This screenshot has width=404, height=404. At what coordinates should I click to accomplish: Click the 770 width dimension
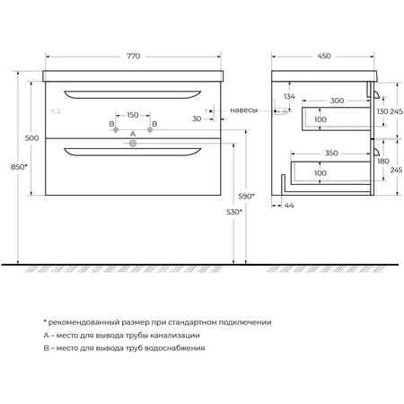(133, 56)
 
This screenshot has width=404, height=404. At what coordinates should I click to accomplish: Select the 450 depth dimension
(324, 56)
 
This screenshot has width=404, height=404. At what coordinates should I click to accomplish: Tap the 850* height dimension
(19, 167)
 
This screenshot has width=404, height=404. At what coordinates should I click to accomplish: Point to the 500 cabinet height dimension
(31, 138)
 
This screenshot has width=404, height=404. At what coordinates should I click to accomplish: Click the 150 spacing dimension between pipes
(133, 115)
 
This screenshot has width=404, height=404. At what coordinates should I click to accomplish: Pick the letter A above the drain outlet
(133, 134)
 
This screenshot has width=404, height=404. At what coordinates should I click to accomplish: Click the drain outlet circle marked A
(133, 144)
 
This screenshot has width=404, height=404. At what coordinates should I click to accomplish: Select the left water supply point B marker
(116, 129)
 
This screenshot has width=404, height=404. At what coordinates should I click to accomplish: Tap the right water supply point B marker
(150, 129)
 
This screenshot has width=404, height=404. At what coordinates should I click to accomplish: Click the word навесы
(243, 110)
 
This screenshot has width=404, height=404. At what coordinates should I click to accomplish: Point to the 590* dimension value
(247, 196)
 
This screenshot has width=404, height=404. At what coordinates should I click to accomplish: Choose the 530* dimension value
(234, 212)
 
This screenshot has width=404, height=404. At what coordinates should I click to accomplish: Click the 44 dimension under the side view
(289, 206)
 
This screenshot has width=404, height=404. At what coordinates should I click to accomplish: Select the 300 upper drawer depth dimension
(337, 101)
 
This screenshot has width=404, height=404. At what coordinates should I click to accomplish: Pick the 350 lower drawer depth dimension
(331, 154)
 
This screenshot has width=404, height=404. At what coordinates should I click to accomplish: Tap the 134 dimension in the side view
(289, 96)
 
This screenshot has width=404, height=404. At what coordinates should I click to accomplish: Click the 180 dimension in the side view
(383, 162)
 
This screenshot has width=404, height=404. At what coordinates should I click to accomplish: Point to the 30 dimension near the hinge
(197, 119)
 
